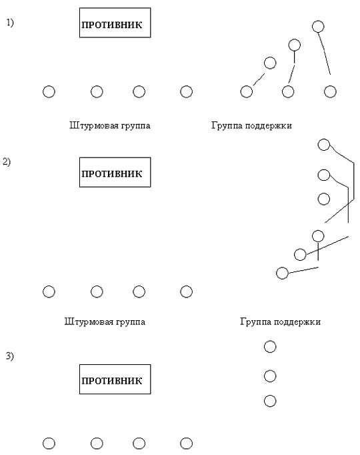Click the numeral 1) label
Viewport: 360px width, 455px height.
click(x=10, y=23)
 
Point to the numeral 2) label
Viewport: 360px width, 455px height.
click(x=7, y=161)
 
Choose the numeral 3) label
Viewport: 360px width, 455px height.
click(x=9, y=356)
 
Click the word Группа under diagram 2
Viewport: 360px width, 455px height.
click(x=255, y=322)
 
